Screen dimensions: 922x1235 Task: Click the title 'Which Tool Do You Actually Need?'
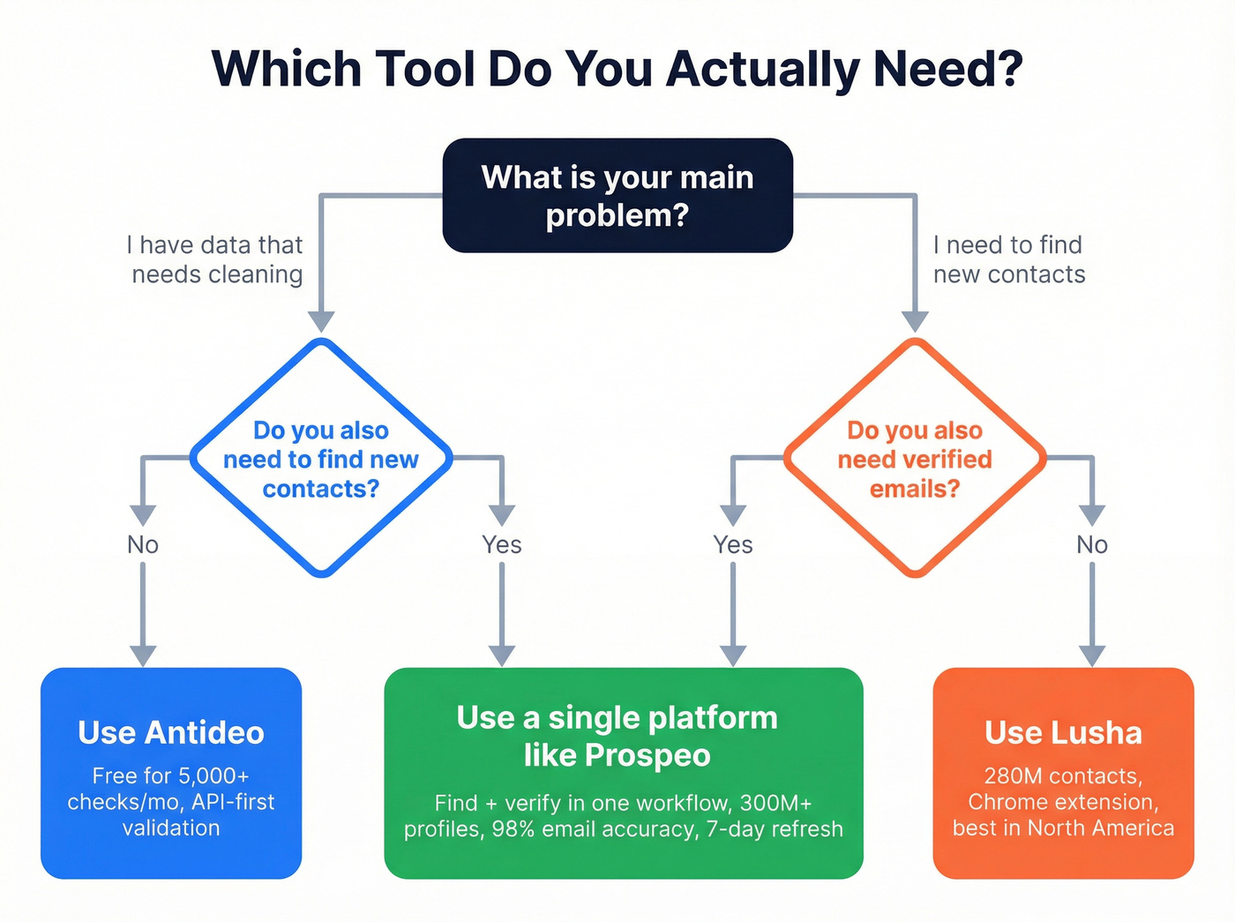(x=617, y=69)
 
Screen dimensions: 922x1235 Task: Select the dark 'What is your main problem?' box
(x=617, y=196)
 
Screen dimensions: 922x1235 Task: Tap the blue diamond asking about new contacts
(x=321, y=459)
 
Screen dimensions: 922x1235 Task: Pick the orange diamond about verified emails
(x=915, y=459)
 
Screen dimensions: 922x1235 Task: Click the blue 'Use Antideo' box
(x=171, y=773)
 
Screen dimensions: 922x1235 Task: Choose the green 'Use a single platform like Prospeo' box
(x=623, y=773)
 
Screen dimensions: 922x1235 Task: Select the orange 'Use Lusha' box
(x=1063, y=773)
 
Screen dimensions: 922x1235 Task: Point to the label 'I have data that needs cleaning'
(x=216, y=259)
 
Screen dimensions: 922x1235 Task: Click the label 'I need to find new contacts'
(x=1009, y=259)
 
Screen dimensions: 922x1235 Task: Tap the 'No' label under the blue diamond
(x=143, y=544)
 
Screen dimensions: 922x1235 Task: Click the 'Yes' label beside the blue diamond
(x=501, y=544)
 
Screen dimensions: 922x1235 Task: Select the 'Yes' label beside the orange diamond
(x=733, y=544)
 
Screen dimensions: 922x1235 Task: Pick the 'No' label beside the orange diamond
(x=1092, y=544)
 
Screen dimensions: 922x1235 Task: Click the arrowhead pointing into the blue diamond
(x=321, y=321)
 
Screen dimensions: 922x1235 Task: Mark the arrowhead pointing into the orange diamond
(x=915, y=321)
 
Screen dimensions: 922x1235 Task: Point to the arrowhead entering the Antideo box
(x=143, y=656)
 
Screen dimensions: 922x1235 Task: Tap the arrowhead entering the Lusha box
(x=1092, y=656)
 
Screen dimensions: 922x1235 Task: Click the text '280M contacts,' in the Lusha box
(x=1063, y=776)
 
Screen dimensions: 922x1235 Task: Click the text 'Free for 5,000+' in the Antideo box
(x=171, y=776)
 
